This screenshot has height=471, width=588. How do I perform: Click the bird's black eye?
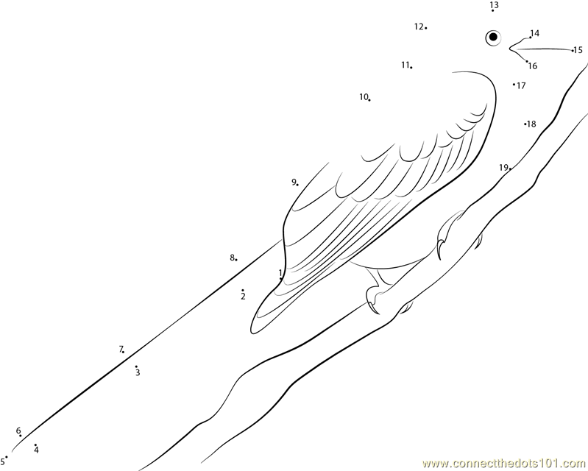tap(492, 37)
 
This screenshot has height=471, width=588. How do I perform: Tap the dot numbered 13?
tap(492, 11)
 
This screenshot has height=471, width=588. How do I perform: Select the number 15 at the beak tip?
tap(578, 50)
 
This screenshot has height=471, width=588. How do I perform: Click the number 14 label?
tap(534, 33)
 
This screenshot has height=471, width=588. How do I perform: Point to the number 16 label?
tap(533, 66)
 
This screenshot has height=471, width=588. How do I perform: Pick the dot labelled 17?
tap(514, 85)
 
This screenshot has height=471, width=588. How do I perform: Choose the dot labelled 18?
tap(525, 124)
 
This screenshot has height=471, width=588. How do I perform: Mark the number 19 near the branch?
tap(503, 167)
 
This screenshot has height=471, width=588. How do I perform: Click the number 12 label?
tap(419, 26)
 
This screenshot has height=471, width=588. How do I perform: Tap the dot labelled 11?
tap(411, 68)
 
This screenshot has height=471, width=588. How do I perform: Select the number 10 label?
tap(364, 96)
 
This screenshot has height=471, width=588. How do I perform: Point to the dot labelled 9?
tap(297, 184)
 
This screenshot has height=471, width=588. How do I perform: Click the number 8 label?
tap(231, 258)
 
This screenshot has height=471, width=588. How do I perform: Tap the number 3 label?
tap(137, 373)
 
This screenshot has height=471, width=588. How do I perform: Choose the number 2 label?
tap(242, 297)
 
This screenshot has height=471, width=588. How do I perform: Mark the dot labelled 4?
tap(35, 445)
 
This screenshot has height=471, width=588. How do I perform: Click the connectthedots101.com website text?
tap(505, 463)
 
